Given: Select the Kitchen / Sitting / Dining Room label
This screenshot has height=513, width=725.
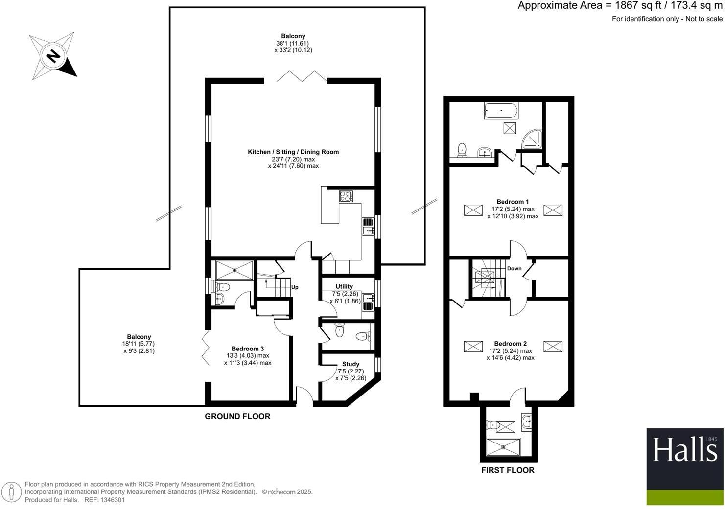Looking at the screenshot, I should [x=293, y=152].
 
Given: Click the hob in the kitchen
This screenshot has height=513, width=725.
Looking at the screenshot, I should [x=346, y=196].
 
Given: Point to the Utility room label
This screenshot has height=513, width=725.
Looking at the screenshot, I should [x=344, y=287].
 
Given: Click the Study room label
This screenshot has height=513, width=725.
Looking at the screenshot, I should [x=351, y=364].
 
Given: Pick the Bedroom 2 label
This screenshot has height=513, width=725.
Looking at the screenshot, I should [x=511, y=344].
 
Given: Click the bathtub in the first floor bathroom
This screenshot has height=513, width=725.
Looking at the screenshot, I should [x=501, y=111].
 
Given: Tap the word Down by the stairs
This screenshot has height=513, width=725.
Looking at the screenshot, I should [x=515, y=269].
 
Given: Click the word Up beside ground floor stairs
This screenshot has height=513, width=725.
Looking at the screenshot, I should [x=295, y=287].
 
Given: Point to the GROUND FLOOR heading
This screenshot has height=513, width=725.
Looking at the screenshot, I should [x=237, y=417].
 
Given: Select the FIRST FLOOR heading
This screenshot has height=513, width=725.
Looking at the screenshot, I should [x=508, y=470].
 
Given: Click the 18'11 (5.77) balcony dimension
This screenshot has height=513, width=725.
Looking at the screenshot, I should [x=139, y=344].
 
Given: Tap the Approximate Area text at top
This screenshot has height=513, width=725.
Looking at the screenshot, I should [x=620, y=6].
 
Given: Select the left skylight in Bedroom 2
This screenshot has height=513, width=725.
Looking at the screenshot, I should [x=473, y=347].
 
